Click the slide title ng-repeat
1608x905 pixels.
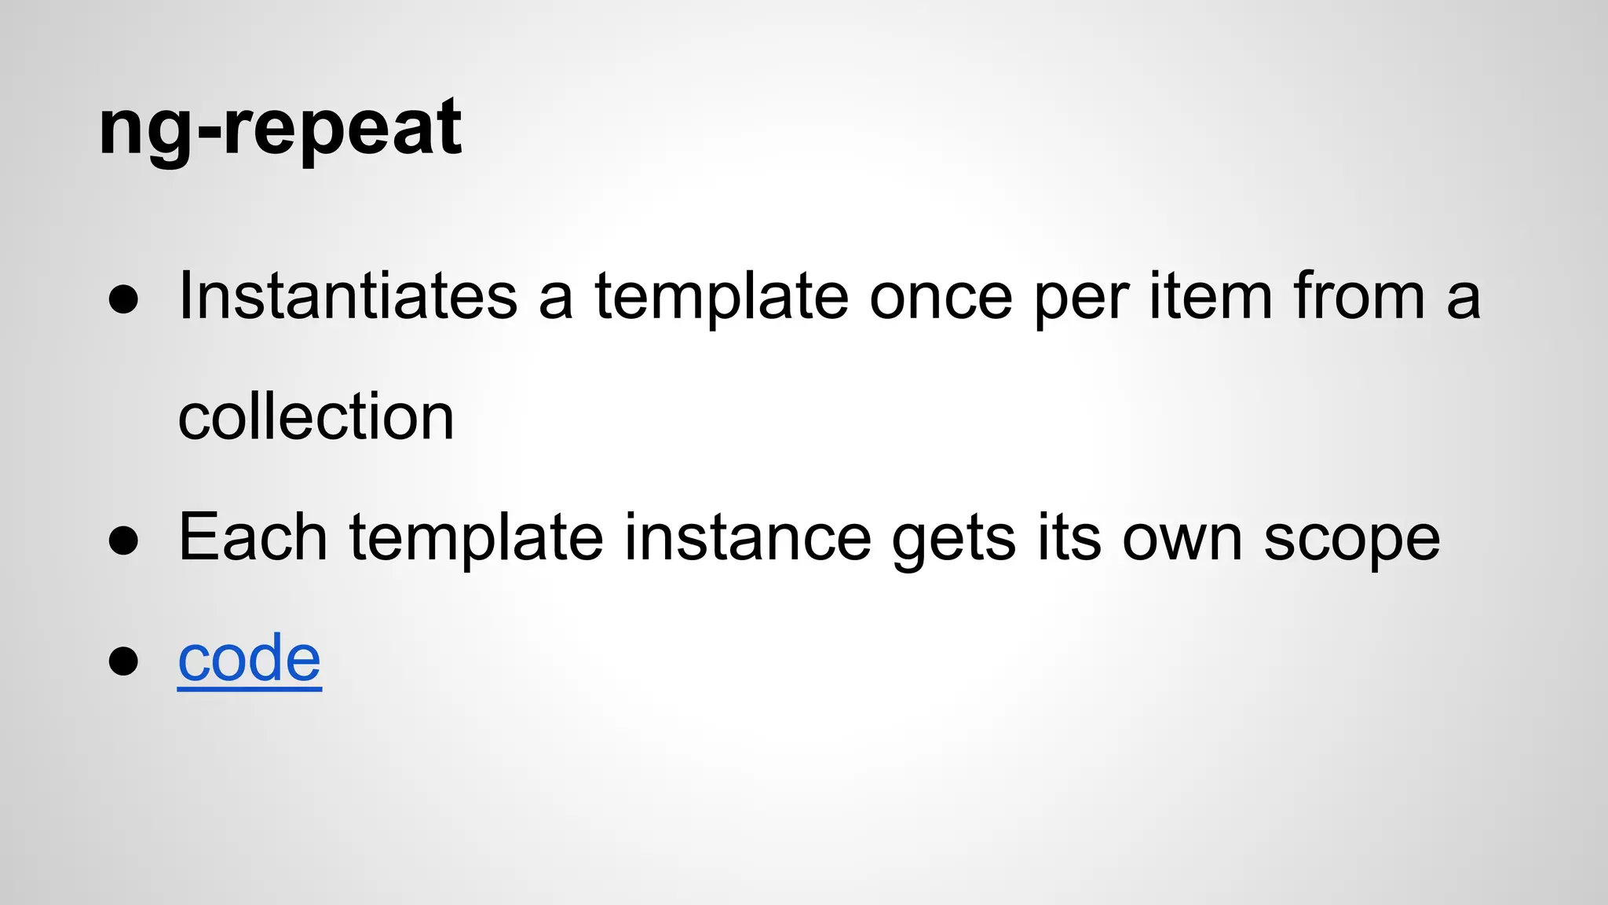coord(280,128)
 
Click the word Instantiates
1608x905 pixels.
coord(348,297)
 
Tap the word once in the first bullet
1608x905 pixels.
coord(941,297)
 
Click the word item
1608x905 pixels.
coord(1210,297)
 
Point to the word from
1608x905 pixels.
coord(1358,297)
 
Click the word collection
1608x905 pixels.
coord(316,417)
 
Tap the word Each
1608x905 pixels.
coord(252,538)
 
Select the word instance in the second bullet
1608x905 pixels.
coord(747,538)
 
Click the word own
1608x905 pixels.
coord(1182,540)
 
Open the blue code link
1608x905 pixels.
coord(249,659)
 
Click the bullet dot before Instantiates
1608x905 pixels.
coord(124,301)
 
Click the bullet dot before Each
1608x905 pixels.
coord(124,541)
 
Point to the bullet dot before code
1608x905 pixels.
coord(124,661)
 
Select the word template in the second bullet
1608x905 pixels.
coord(476,540)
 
